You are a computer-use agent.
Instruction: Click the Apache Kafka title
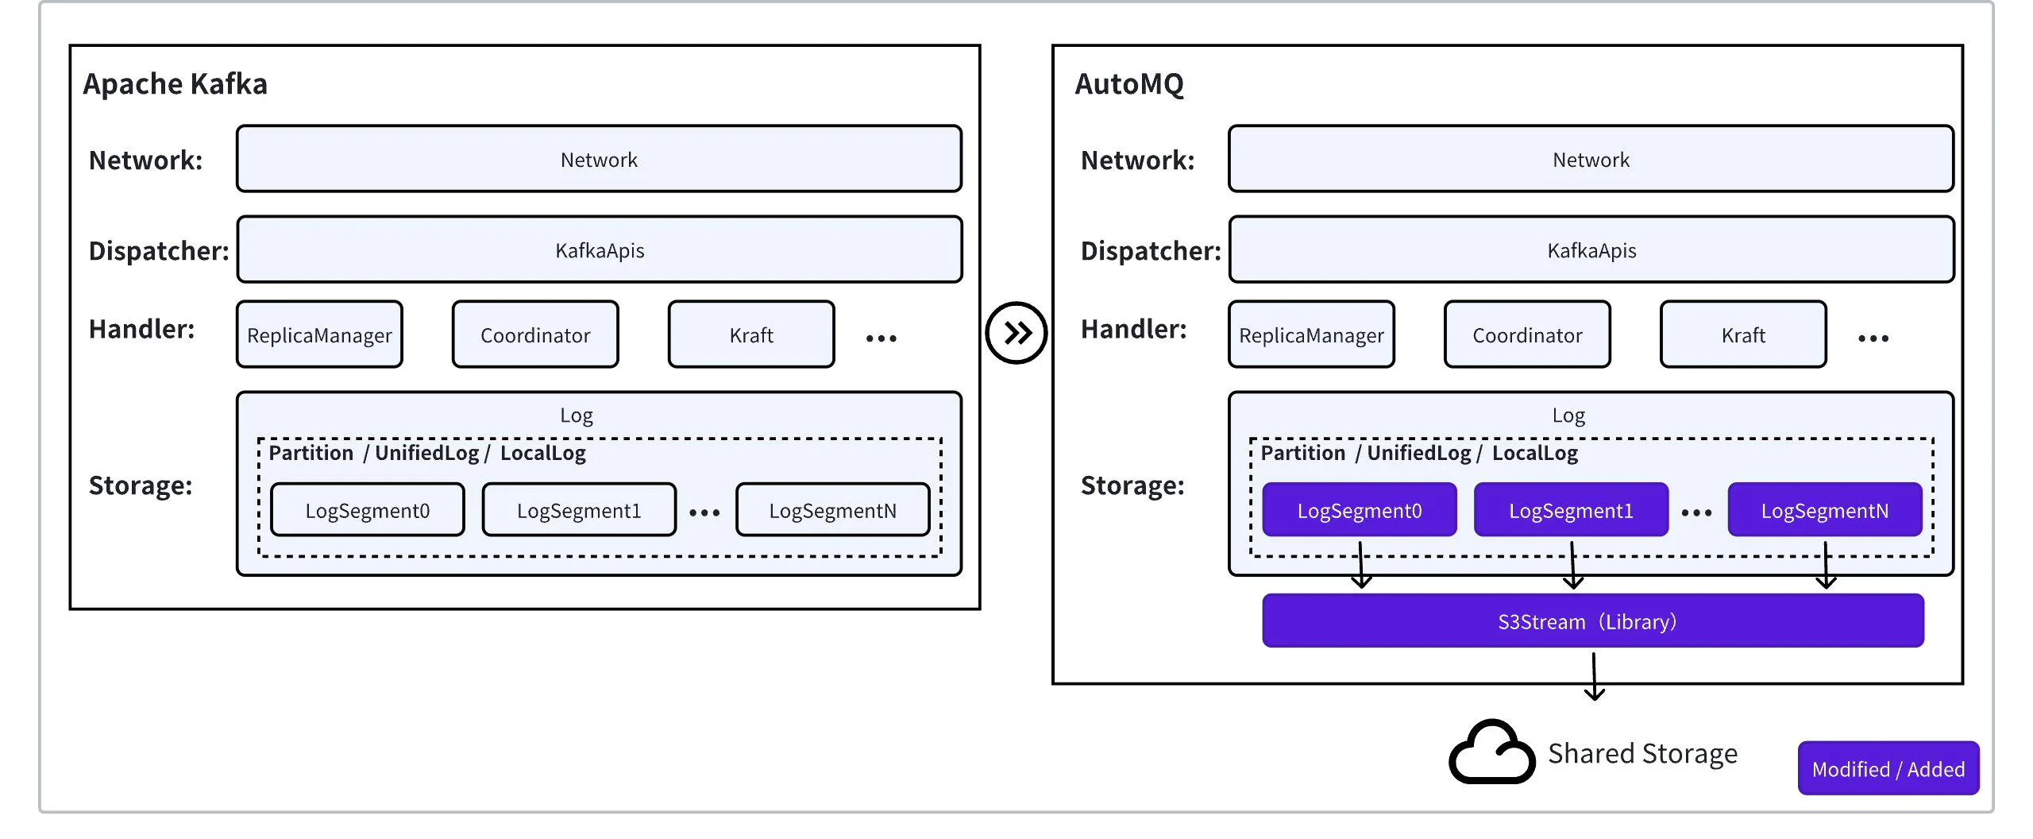[x=175, y=83]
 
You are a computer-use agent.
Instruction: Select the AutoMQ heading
[x=1128, y=83]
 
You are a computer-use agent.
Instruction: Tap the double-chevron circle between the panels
[x=1016, y=333]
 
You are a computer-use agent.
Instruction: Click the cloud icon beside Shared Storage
[x=1491, y=753]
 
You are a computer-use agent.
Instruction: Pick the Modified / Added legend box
[x=1888, y=768]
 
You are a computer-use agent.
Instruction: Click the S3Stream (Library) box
[x=1592, y=621]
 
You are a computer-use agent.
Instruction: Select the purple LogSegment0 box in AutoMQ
[x=1359, y=510]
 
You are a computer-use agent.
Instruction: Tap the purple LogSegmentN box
[x=1824, y=510]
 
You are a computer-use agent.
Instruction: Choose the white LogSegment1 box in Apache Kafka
[x=578, y=510]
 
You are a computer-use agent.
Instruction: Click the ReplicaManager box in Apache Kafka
[x=319, y=334]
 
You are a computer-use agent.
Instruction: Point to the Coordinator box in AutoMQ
[x=1526, y=334]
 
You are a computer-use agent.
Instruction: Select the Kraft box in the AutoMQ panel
[x=1742, y=334]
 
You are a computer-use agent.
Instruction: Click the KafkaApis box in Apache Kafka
[x=599, y=249]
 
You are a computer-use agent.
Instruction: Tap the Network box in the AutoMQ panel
[x=1591, y=159]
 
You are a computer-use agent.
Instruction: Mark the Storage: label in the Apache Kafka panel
[x=141, y=485]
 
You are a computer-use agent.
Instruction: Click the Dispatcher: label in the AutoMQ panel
[x=1150, y=250]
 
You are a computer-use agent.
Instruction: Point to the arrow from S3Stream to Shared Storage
[x=1594, y=675]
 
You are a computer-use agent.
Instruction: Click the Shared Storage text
[x=1642, y=753]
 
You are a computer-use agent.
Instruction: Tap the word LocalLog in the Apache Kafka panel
[x=542, y=453]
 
